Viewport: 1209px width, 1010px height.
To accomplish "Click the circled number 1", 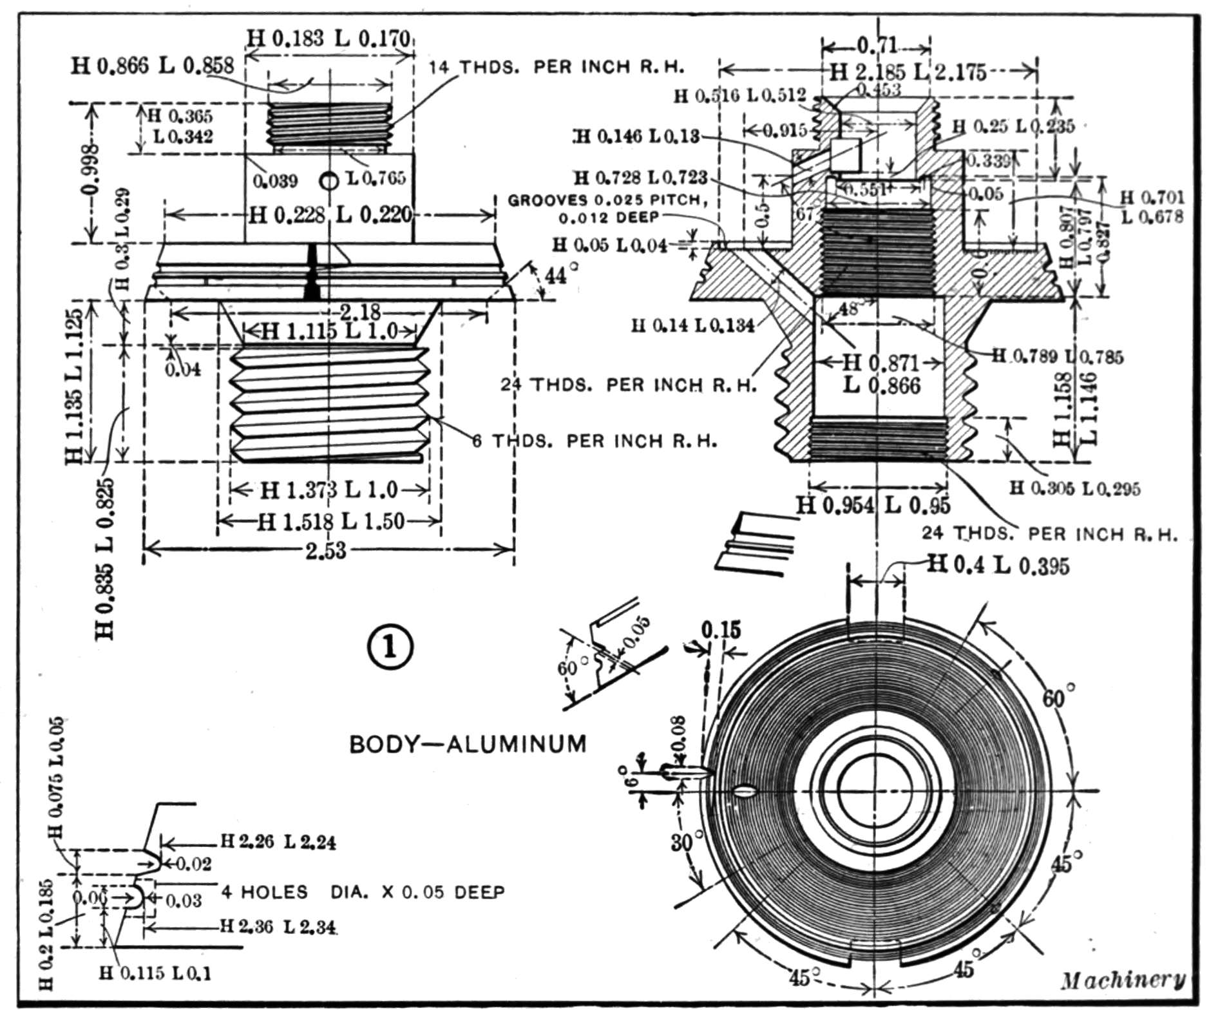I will pyautogui.click(x=390, y=647).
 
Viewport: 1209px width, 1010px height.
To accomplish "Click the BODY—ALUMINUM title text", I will pyautogui.click(x=468, y=744).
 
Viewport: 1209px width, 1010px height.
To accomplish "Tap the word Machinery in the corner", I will pyautogui.click(x=1121, y=980).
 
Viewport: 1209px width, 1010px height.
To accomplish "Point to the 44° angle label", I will pyautogui.click(x=556, y=276).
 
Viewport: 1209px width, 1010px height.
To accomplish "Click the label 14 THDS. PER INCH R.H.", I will pyautogui.click(x=557, y=67).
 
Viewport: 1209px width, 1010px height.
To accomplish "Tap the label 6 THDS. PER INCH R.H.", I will pyautogui.click(x=595, y=441).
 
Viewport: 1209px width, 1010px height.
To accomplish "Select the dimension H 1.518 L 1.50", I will pyautogui.click(x=330, y=521).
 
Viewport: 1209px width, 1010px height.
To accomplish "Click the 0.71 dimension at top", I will pyautogui.click(x=877, y=46).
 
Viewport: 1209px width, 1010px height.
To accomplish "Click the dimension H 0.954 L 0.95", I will pyautogui.click(x=872, y=506).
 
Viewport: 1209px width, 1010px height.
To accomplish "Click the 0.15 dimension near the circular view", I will pyautogui.click(x=721, y=630).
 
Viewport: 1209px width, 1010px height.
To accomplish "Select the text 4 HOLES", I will pyautogui.click(x=265, y=892).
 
